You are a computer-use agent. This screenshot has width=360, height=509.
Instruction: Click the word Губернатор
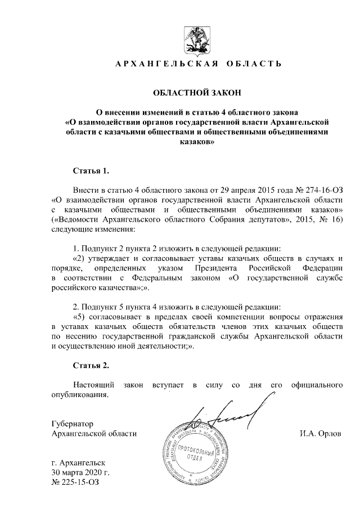tap(72, 423)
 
